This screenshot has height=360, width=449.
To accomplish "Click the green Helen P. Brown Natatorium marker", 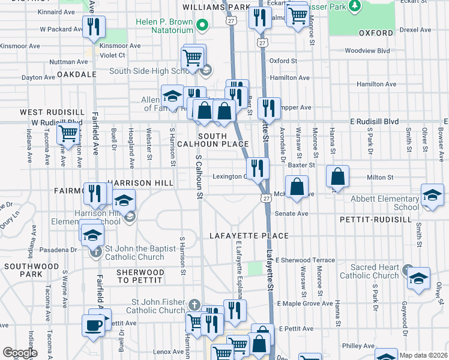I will (x=202, y=25).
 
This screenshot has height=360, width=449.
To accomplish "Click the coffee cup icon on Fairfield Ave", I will (x=93, y=325).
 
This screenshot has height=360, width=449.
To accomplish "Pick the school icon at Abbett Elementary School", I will (x=432, y=195).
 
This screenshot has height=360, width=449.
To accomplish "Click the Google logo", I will (x=20, y=353).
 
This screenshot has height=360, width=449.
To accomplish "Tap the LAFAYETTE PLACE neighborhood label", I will (x=249, y=236).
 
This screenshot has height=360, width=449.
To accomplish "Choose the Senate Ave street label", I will (x=291, y=214).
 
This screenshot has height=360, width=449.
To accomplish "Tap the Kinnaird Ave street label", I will (x=56, y=11).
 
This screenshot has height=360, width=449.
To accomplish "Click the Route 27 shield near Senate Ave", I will (x=265, y=198).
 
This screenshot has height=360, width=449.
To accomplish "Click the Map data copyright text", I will (x=423, y=355).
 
